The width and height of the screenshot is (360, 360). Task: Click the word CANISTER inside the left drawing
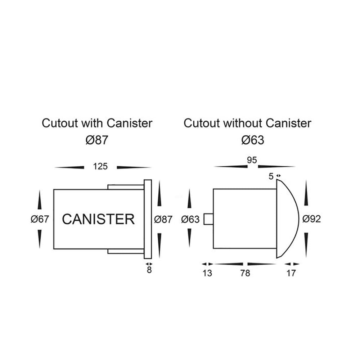pos(98,219)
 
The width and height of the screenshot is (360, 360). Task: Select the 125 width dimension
pos(100,166)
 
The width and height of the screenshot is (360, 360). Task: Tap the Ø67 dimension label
pos(39,219)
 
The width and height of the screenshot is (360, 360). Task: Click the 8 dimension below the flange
pos(149,270)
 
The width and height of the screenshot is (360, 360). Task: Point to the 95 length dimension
pos(252,160)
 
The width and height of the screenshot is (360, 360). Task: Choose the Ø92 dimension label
pos(311,219)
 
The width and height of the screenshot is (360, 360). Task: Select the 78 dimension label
pos(245,273)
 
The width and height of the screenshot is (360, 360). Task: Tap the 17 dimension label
pos(291,273)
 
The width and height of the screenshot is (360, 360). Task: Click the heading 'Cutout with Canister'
pos(97,123)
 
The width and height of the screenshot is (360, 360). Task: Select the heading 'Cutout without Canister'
pos(247,123)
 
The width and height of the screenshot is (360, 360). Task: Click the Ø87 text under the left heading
pos(97,140)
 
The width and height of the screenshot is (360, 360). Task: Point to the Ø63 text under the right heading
pos(252,140)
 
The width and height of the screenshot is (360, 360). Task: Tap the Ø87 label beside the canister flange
pos(163,219)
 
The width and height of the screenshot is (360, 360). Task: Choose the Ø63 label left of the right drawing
pos(190,219)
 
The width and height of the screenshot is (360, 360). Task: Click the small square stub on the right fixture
pos(208,219)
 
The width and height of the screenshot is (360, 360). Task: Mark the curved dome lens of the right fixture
pos(288,219)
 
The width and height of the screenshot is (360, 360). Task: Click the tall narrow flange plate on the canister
pos(148,219)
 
